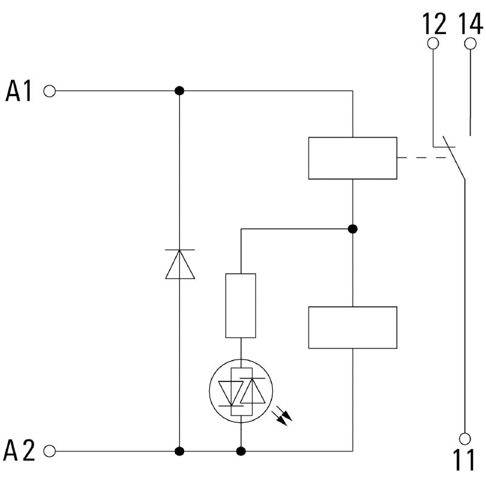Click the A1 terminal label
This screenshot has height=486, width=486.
click(19, 91)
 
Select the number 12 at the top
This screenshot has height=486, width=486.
click(434, 24)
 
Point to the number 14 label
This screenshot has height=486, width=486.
click(470, 24)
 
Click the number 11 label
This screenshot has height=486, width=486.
click(464, 460)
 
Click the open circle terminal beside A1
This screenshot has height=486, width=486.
click(50, 92)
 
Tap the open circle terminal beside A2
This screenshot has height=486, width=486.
click(50, 451)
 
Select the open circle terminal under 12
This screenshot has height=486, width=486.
click(433, 43)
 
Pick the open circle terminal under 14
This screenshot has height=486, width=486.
click(470, 44)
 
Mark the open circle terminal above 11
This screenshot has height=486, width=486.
click(465, 439)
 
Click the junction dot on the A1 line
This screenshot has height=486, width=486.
click(179, 91)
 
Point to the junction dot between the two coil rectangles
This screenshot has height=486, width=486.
click(353, 229)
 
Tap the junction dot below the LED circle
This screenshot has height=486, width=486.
click(241, 451)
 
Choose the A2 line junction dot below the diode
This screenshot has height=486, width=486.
click(179, 451)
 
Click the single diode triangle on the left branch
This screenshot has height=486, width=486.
click(180, 264)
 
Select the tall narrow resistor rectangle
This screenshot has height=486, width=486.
click(241, 306)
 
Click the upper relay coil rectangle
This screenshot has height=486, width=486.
click(353, 158)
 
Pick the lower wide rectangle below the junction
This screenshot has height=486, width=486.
click(353, 327)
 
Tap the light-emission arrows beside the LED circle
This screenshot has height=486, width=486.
click(282, 417)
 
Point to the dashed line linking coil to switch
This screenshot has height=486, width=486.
click(422, 158)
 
